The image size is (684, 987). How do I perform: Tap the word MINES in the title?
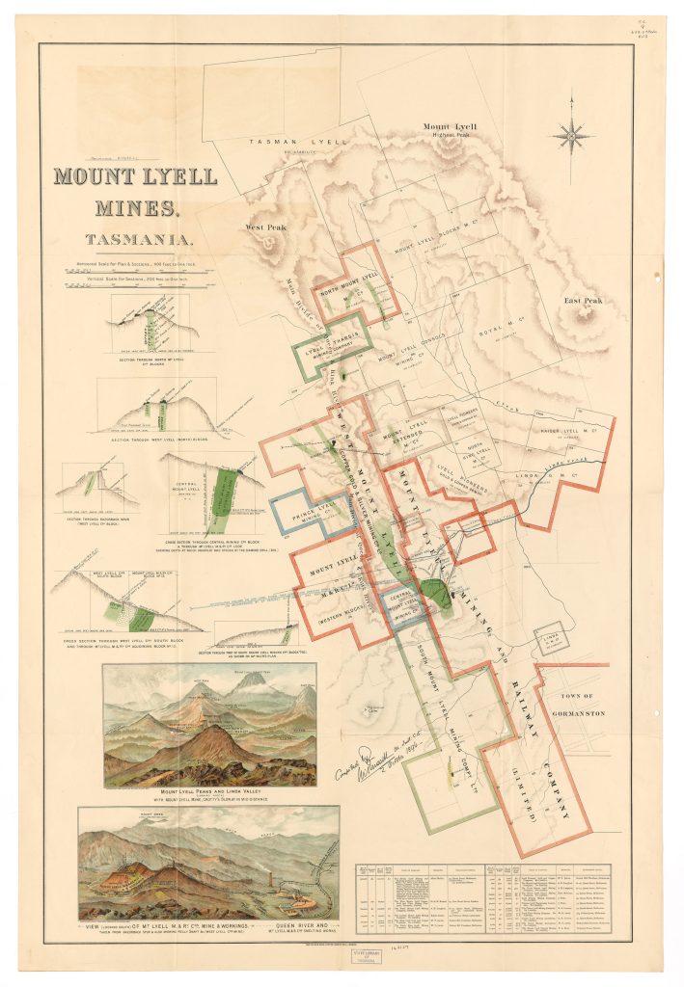[135, 207]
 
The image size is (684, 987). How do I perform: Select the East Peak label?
[583, 301]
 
